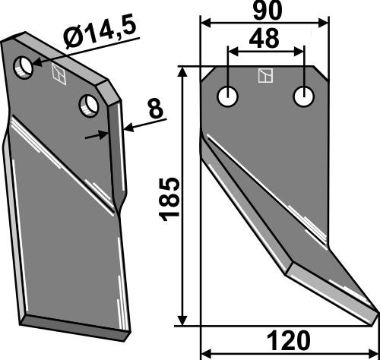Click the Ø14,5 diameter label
point(101,33)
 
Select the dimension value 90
point(268,11)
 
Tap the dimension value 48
point(264,39)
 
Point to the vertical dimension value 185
point(169,199)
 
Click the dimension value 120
point(289,340)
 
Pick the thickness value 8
point(156,109)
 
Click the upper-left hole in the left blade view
point(23,68)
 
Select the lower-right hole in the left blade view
point(89,106)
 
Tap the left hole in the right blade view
point(227,96)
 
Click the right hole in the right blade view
point(304,96)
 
